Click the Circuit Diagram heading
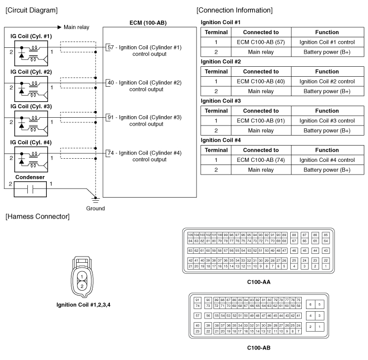pos(31,10)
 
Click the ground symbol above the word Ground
pos(95,199)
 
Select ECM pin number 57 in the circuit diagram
pos(110,47)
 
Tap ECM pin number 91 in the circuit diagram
pos(110,117)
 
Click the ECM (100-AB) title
pos(148,23)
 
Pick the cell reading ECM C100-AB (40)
pos(261,81)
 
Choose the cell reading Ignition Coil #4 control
pos(326,160)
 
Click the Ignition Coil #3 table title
pos(221,100)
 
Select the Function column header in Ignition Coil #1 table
pos(326,32)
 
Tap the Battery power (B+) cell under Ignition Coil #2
pos(326,91)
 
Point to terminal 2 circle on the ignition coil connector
pos(83,285)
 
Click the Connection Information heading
pos(234,10)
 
